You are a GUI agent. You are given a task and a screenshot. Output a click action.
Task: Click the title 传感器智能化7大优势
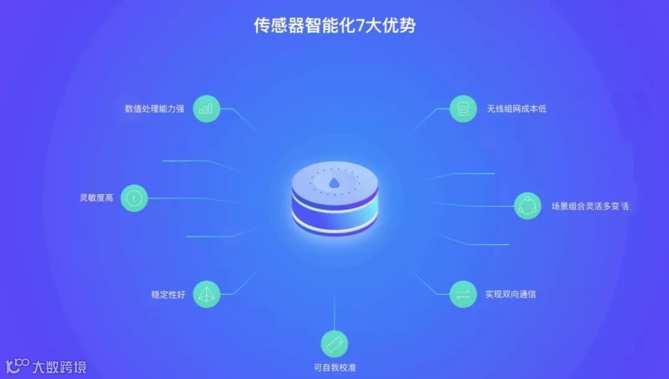pos(334,25)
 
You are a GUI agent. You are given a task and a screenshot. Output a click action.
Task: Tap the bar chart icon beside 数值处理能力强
pos(206,109)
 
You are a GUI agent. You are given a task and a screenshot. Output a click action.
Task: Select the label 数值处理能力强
pos(154,109)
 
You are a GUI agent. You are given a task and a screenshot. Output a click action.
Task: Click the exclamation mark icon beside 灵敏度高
pos(134,198)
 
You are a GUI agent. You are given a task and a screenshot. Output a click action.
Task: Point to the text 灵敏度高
pos(96,198)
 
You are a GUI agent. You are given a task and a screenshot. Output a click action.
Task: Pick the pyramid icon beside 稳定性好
pos(206,294)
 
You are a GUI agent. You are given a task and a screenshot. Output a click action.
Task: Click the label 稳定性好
pos(168,295)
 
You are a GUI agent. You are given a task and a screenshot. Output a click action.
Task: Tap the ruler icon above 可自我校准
pos(334,343)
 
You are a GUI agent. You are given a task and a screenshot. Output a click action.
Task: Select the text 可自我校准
pos(334,367)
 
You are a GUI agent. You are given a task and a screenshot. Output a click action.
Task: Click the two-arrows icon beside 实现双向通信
pos(463,294)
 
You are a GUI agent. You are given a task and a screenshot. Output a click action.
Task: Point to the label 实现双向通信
pos(510,294)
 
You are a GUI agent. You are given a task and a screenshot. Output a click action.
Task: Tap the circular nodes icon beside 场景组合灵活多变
pos(528,206)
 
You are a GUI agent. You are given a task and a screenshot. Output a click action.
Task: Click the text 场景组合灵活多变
pos(590,206)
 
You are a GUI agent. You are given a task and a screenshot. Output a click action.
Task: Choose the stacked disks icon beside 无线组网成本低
pos(463,109)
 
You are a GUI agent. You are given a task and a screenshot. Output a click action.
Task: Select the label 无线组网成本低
pos(516,109)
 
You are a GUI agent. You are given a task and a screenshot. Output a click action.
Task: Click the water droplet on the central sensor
pos(334,183)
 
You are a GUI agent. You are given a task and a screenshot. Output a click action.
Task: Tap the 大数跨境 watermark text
pos(59,367)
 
